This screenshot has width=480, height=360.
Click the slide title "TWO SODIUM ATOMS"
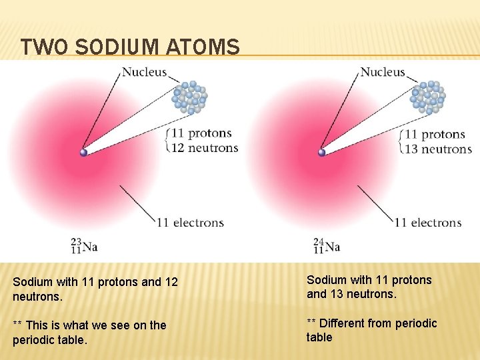coord(129,47)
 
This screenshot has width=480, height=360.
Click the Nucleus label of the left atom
coord(145,72)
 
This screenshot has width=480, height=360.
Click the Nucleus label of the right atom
coord(382,72)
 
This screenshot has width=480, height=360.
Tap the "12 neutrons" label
coord(205,148)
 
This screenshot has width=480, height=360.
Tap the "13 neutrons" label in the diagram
coord(438,149)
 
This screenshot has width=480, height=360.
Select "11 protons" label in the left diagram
coord(201,133)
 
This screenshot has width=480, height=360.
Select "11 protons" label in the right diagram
coord(435,134)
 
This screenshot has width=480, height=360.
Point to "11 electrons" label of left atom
coord(190,222)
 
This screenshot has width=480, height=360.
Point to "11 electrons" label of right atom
coord(427,222)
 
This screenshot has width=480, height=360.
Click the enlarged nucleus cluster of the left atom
coord(190,97)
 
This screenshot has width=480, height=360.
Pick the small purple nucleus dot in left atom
coord(84,153)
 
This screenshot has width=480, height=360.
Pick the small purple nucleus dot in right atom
coord(322,153)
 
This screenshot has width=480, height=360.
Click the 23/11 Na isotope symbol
coord(85,245)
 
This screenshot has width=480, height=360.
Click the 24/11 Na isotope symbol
coord(327,245)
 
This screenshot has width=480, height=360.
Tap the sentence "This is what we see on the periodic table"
coord(89,331)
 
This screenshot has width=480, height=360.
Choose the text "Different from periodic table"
coord(371,330)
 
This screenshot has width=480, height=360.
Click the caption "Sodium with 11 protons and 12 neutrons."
coord(95,288)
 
